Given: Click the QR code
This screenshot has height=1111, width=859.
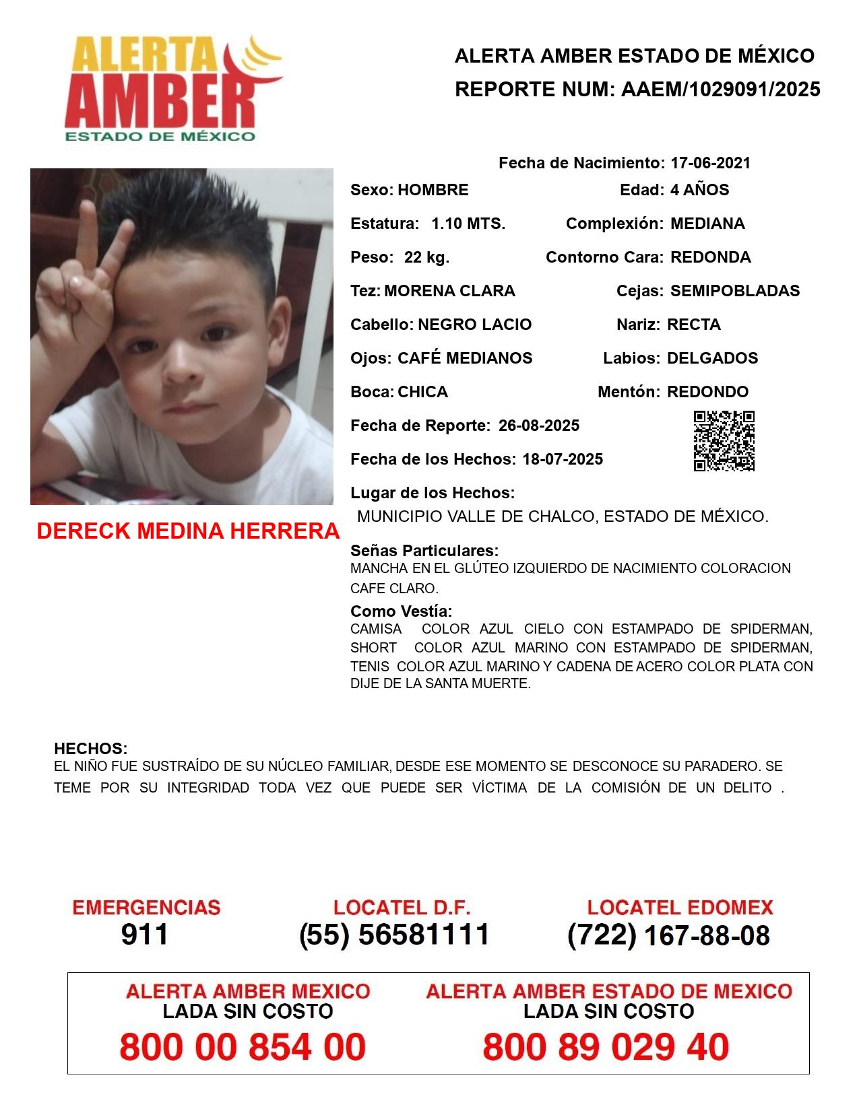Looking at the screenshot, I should click(724, 441).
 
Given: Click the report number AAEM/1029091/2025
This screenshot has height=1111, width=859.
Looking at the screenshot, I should click(720, 90).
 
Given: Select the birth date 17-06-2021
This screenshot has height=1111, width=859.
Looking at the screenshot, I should click(710, 163).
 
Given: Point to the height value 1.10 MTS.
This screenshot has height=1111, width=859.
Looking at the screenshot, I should click(468, 224).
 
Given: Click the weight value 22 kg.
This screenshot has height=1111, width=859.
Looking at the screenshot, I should click(426, 257).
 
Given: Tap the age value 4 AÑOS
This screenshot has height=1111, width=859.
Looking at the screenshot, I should click(699, 190).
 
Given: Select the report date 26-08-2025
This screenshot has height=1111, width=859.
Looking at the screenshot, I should click(538, 426).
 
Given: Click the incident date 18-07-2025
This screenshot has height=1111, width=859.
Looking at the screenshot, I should click(563, 459).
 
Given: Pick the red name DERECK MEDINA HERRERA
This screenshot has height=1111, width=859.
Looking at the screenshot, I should click(188, 531).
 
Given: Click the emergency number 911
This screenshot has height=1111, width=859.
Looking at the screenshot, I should click(145, 935).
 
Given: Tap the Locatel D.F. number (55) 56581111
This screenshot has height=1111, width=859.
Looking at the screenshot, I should click(394, 935).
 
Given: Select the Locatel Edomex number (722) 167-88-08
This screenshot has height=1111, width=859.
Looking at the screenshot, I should click(668, 935).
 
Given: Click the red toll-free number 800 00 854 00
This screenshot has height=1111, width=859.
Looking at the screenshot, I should click(243, 1047).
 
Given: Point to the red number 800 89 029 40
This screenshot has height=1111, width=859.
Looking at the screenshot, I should click(606, 1047).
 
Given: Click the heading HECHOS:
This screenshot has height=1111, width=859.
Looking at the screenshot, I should click(90, 749).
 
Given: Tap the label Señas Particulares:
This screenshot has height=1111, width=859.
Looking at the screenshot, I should click(424, 551).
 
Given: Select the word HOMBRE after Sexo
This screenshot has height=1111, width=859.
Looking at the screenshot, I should click(433, 190).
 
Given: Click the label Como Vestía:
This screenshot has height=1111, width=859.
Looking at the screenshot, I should click(401, 611).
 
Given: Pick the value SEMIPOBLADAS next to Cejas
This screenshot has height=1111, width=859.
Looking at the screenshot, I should click(735, 291).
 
